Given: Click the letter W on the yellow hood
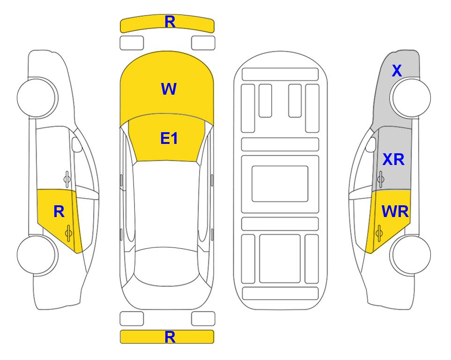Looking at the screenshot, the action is [x=169, y=89].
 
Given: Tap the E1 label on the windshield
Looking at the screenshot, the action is [x=169, y=138].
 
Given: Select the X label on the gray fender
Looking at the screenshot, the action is [x=397, y=71].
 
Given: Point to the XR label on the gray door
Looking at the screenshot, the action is [x=393, y=159].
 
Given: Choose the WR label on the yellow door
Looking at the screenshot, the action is [x=395, y=212].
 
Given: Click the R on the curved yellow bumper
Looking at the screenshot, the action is [x=170, y=22].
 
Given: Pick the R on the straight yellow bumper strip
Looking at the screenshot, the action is [x=170, y=337].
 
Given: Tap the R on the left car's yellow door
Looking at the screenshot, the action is [x=59, y=212].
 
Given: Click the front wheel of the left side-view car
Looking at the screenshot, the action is [x=37, y=97].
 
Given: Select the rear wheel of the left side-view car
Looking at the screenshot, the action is [x=37, y=255].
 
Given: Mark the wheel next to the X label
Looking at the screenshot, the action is [x=410, y=97].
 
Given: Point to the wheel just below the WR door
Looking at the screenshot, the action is [x=410, y=255].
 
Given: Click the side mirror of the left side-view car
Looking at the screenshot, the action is [x=76, y=144].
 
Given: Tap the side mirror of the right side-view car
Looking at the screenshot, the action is [x=371, y=144].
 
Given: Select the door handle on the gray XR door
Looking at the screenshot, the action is [x=380, y=179].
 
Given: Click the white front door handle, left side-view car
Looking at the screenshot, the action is [x=67, y=179].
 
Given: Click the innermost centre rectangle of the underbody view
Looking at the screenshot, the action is [x=280, y=184].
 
